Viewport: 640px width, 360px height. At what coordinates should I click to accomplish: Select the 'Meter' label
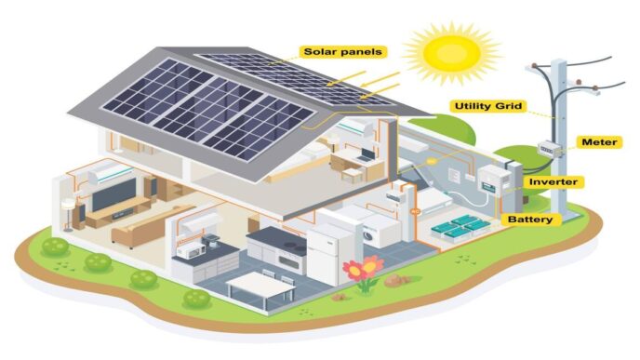[599, 141]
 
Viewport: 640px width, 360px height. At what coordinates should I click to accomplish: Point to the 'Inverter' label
[555, 180]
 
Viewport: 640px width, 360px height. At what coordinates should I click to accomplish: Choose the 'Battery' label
[531, 220]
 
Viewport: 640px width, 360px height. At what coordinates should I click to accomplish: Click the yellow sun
[450, 53]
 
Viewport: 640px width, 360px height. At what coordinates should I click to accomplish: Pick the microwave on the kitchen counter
[193, 248]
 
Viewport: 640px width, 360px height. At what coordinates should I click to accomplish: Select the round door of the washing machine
[370, 236]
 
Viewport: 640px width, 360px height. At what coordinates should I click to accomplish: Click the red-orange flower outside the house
[361, 270]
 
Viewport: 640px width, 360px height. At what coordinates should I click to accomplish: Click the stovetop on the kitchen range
[273, 236]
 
